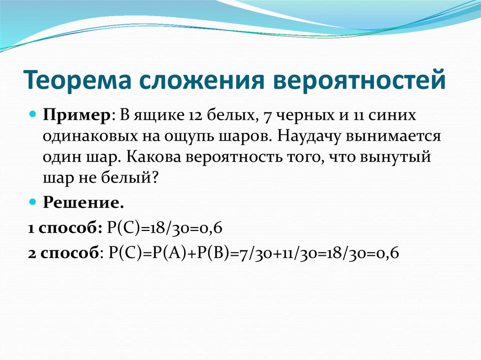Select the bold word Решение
[x=84, y=202]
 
